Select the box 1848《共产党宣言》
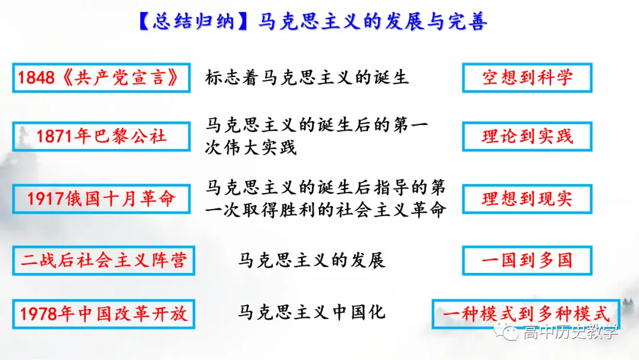pos(101,78)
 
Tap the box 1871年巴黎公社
pos(101,136)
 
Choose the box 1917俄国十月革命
pos(101,198)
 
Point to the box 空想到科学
pos(527,78)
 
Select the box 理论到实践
pos(527,136)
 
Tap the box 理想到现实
pos(527,198)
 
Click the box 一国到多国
pos(527,261)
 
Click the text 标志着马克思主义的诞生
pos(307,78)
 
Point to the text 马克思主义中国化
pos(312,311)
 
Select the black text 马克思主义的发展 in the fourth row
pos(312,260)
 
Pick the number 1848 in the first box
pos(37,78)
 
